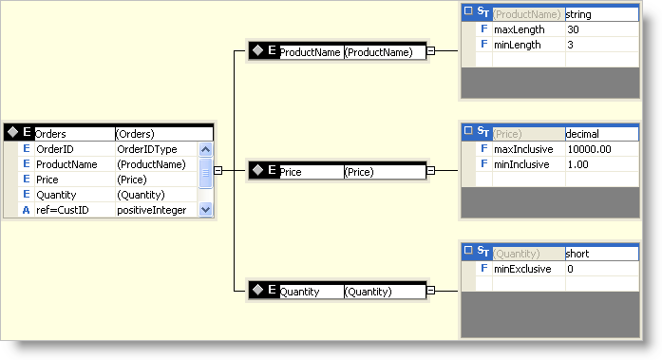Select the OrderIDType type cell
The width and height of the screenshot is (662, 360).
(146, 149)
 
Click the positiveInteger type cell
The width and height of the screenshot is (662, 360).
(152, 210)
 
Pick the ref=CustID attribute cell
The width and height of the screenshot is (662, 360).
(62, 210)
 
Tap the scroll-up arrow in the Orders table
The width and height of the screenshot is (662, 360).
(205, 149)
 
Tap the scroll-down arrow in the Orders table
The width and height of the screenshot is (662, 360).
(205, 210)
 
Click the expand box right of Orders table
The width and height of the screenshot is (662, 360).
(218, 171)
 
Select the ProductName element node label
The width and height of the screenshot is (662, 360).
(310, 53)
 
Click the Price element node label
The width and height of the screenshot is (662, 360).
(291, 172)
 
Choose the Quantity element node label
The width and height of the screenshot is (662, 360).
(299, 292)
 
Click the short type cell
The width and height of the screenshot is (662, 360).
(577, 254)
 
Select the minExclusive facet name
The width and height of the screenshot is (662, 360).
(521, 269)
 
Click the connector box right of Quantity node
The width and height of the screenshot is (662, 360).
(430, 291)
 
